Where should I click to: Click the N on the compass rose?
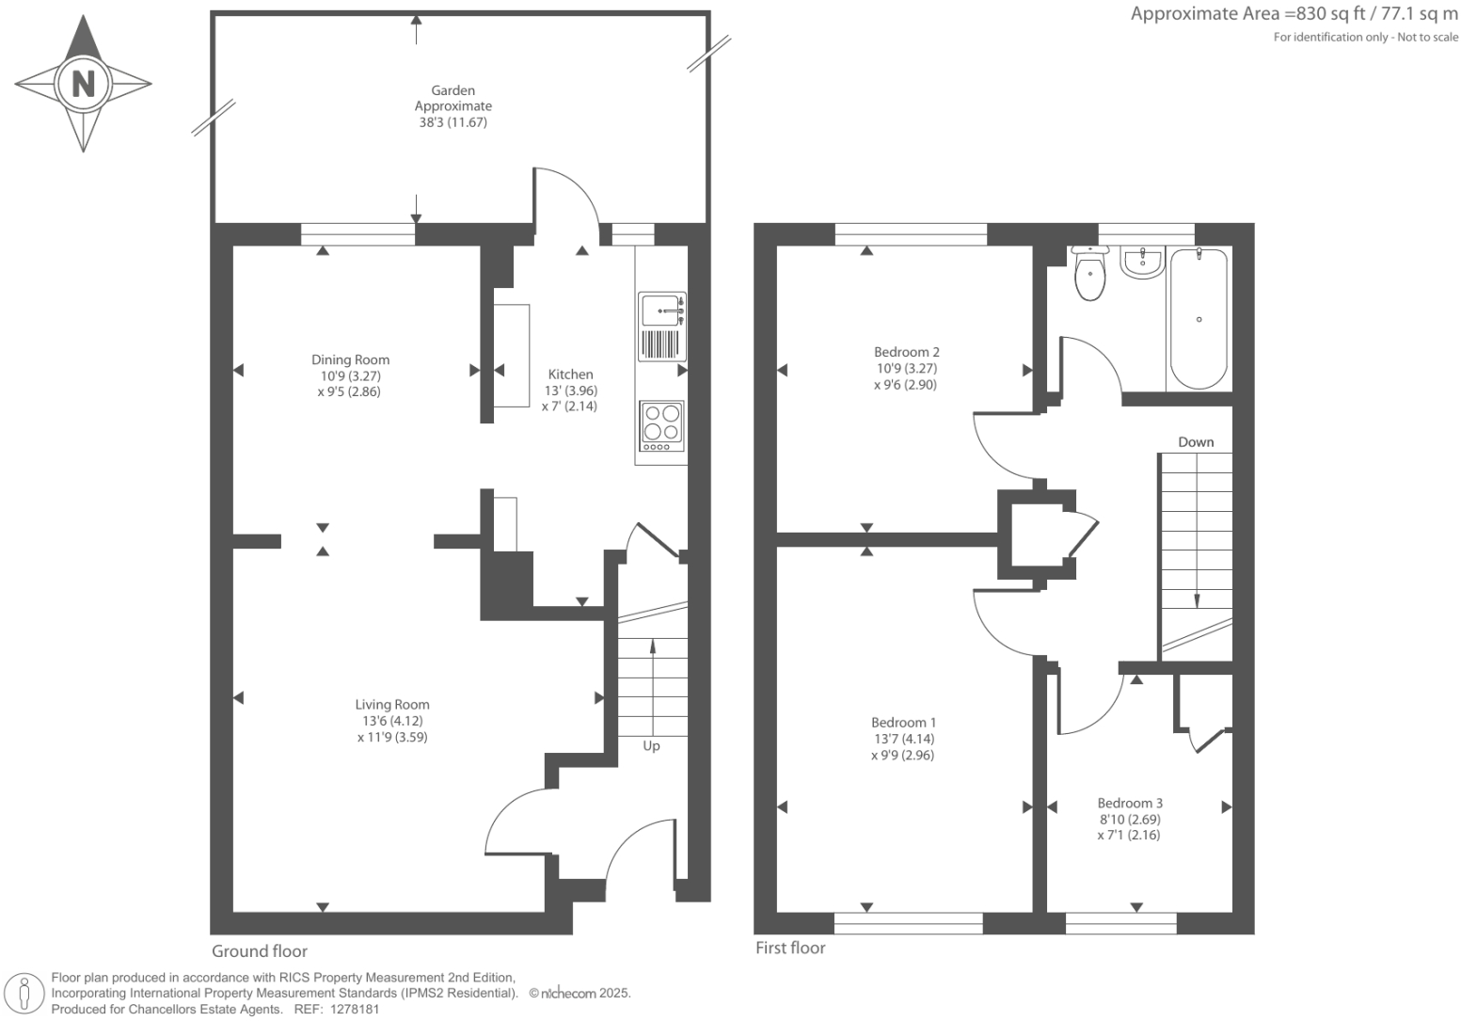click(x=84, y=84)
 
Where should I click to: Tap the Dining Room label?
click(x=350, y=359)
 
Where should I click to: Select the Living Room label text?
click(x=392, y=705)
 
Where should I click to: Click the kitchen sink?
click(x=662, y=327)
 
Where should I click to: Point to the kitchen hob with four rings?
click(x=662, y=425)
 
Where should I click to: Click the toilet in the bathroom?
click(x=1090, y=273)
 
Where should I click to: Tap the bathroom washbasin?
click(x=1142, y=263)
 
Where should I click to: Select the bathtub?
click(x=1199, y=318)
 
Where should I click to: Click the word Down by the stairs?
click(x=1196, y=441)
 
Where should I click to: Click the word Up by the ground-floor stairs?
click(x=651, y=745)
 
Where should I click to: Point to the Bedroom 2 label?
click(x=907, y=352)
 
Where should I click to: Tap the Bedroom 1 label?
click(x=903, y=722)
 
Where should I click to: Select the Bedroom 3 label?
click(x=1130, y=803)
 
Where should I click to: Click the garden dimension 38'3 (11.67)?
click(x=453, y=122)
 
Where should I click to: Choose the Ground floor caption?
click(x=259, y=951)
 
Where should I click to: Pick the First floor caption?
click(x=790, y=948)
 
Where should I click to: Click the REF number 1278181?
click(x=355, y=1010)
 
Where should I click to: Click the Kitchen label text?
click(x=570, y=375)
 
